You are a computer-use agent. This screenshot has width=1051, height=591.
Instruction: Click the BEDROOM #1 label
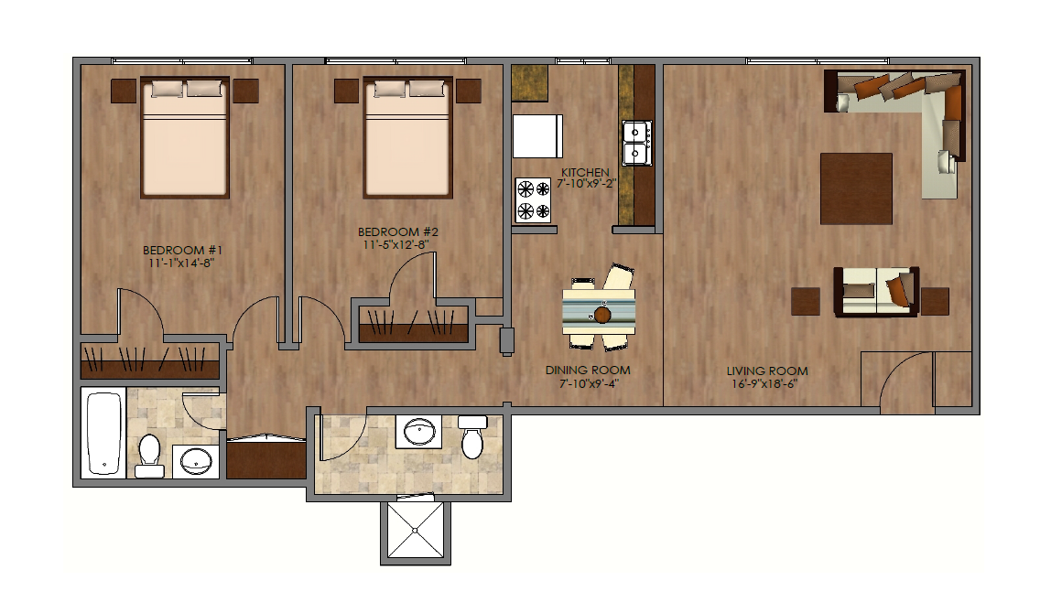(x=183, y=250)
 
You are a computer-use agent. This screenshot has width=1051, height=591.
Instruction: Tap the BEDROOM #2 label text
(x=398, y=231)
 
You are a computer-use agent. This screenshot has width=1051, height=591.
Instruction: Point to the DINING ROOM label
(x=587, y=370)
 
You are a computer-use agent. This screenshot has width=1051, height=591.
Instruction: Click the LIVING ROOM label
(x=767, y=371)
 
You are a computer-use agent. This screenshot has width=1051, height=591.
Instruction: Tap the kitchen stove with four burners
(x=534, y=200)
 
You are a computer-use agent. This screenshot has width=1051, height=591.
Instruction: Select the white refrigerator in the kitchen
(x=536, y=137)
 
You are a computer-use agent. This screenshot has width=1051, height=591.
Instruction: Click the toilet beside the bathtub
(x=149, y=456)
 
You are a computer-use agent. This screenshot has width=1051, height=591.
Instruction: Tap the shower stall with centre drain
(x=416, y=531)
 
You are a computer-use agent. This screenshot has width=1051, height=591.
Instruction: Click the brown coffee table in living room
(x=856, y=188)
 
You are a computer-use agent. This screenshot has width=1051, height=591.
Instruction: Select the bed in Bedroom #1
(x=184, y=137)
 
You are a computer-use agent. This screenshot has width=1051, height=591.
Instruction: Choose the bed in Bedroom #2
(x=408, y=137)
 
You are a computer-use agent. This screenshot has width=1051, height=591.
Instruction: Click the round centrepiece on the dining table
(x=602, y=315)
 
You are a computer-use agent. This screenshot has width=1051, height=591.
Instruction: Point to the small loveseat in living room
(x=875, y=291)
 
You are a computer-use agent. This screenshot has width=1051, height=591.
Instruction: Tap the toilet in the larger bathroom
(x=472, y=437)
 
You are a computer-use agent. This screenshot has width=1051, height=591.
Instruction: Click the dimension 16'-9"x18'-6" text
(x=767, y=383)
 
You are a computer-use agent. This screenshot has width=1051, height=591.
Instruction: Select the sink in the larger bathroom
(x=420, y=431)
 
